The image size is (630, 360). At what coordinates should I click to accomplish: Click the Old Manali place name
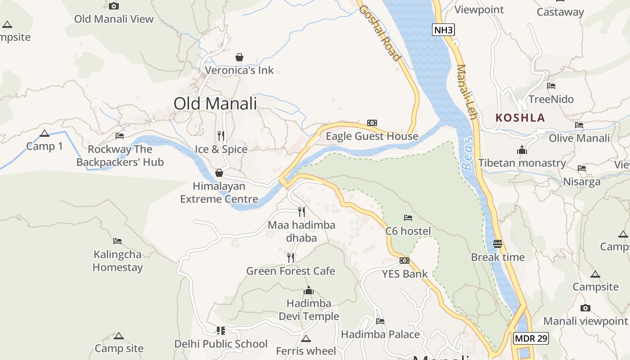coord(215,103)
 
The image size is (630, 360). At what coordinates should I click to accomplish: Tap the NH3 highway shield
coord(443,30)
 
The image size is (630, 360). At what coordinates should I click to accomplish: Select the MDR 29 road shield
coord(531,338)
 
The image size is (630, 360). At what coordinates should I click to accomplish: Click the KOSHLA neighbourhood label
coord(520,118)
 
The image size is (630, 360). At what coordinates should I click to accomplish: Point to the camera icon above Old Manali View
coord(114,6)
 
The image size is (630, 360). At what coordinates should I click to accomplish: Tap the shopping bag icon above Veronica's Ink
coord(239,57)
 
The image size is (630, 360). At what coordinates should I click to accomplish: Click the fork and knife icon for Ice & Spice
coord(221,135)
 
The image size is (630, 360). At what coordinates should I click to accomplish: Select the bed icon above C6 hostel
coord(408,218)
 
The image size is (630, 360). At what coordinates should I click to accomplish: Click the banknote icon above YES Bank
coord(405,261)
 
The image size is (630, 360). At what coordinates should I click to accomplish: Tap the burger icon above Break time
coord(498,244)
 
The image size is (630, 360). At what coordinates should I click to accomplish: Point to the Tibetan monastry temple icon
coord(522,150)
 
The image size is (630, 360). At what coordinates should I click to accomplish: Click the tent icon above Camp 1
coord(44,133)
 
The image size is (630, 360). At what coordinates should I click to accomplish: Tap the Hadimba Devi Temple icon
coord(309,290)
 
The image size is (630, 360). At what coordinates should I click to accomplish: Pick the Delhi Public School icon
coord(220,331)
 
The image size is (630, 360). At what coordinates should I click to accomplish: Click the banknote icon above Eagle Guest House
coord(372,122)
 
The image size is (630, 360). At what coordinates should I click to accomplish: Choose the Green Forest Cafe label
coord(290,271)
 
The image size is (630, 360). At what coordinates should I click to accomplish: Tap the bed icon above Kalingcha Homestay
coord(117,241)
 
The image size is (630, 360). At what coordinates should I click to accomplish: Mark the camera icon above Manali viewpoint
coord(585,308)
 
